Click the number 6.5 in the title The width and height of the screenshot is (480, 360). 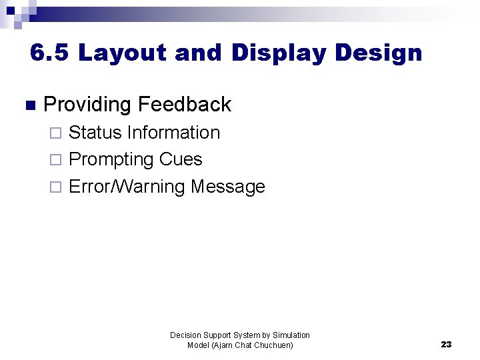point(50,53)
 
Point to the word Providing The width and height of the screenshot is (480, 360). point(87,105)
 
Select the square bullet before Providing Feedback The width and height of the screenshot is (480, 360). point(28,105)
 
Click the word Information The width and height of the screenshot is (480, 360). point(173,133)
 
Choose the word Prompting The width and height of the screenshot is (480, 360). point(111,160)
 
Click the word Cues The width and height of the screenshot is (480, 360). point(181,159)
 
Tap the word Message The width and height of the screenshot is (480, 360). point(228,187)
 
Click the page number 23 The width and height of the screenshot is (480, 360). point(446,344)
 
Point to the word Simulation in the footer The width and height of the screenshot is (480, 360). point(291,335)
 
